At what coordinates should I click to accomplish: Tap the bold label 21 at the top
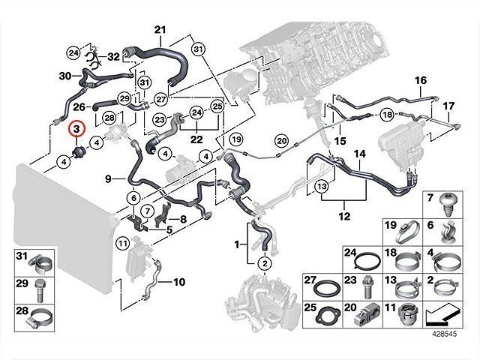(x=159, y=30)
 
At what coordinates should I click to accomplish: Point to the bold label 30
(x=64, y=75)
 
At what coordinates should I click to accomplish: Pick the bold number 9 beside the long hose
(x=108, y=178)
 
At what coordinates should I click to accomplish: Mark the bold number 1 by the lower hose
(x=238, y=244)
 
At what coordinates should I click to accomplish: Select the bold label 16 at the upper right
(x=420, y=80)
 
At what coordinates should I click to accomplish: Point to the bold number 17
(x=448, y=106)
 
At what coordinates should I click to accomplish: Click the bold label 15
(x=339, y=140)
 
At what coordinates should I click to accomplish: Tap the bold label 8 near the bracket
(x=183, y=219)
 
